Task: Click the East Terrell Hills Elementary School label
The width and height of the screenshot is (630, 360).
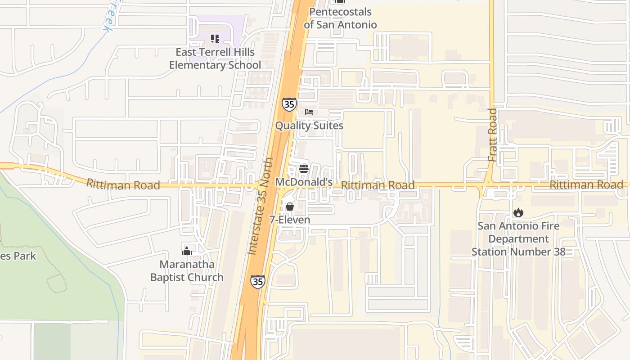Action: coord(215,58)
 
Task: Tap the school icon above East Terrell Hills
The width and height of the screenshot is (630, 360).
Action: coord(215,39)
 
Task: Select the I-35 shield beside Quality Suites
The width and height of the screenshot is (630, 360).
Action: coord(289,104)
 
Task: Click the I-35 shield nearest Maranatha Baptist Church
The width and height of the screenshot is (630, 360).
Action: coord(258,282)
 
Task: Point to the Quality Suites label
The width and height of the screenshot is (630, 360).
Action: coord(309,126)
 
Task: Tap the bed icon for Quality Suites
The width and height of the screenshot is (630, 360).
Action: coord(309,112)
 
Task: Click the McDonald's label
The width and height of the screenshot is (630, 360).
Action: coord(304,182)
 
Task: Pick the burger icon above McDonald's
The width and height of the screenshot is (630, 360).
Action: coord(304,169)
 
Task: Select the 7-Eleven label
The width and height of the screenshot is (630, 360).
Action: coord(290,220)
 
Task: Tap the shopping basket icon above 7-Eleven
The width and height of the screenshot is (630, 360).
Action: coord(290,207)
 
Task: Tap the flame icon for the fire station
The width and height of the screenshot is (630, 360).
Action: coord(518,212)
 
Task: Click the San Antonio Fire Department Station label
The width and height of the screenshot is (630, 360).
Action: coord(518,238)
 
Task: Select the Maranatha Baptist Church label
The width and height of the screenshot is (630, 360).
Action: coord(187,270)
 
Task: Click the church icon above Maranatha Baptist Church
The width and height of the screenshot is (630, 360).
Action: coord(187,251)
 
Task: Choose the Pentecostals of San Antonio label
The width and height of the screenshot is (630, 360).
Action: coord(340,18)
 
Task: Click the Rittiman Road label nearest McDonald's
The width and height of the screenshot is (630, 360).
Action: coord(378,185)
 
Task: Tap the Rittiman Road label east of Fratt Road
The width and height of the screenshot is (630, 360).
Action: coord(586,184)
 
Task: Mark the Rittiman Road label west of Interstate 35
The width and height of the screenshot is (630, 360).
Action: coord(123,184)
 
